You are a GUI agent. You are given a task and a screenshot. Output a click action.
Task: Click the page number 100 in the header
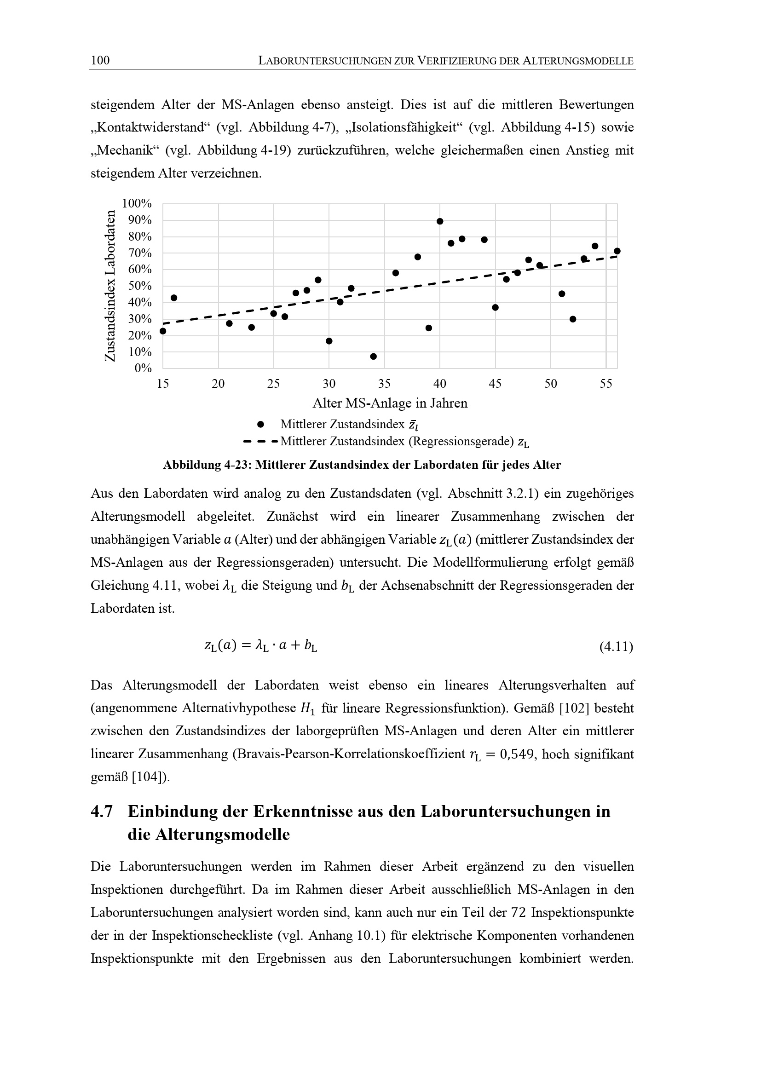(100, 60)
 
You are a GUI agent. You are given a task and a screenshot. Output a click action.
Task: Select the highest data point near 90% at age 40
(440, 221)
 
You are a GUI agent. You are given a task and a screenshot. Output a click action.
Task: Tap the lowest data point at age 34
(374, 357)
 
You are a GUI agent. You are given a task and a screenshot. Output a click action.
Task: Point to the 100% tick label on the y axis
(137, 204)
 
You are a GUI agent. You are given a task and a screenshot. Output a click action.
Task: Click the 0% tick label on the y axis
(143, 368)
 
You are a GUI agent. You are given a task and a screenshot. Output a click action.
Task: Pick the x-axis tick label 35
(384, 384)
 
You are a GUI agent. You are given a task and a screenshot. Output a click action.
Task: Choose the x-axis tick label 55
(606, 384)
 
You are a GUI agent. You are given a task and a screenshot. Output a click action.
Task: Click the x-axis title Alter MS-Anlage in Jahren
(390, 403)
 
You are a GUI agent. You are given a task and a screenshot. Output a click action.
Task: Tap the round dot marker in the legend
(261, 425)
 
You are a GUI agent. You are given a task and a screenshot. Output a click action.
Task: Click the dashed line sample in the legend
(260, 442)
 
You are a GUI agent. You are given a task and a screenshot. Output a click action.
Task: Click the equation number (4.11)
(616, 647)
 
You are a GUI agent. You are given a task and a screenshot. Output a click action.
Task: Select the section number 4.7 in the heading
(102, 811)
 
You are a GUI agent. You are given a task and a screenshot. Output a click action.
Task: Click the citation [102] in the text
(575, 708)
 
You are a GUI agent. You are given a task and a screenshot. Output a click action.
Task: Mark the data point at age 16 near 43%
(174, 298)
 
